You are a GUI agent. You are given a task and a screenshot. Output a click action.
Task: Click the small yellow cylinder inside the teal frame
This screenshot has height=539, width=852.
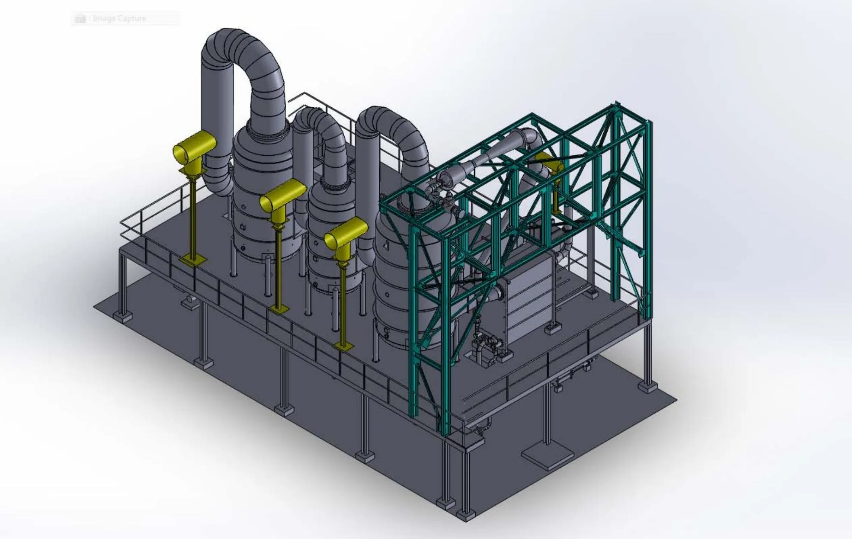coord(550,162)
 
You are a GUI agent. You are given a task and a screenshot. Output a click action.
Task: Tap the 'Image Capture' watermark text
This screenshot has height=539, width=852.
coord(119,19)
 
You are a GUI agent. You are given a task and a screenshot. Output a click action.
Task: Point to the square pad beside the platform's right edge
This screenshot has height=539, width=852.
coord(548,456)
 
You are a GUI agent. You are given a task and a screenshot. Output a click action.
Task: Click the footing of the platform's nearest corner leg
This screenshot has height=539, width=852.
coord(466,515)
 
